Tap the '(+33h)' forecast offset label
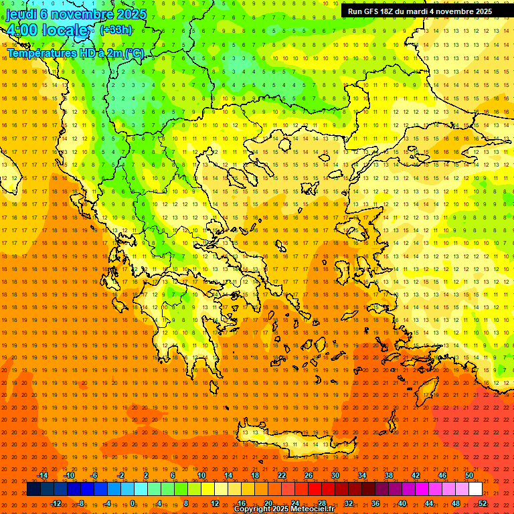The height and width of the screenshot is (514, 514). tap(116, 29)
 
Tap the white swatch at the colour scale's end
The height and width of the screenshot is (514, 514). tap(475, 489)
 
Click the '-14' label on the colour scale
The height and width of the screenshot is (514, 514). tap(41, 475)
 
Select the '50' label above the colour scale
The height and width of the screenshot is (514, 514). tap(469, 475)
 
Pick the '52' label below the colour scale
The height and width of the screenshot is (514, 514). tap(483, 503)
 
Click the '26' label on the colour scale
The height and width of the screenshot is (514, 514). tap(309, 475)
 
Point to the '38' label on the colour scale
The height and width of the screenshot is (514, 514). tap(389, 475)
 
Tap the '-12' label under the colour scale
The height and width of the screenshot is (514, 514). tap(55, 503)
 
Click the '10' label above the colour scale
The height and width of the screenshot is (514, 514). tap(201, 475)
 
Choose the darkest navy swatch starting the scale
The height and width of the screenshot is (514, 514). tap(33, 489)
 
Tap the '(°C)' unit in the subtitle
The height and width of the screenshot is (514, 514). tap(132, 54)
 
